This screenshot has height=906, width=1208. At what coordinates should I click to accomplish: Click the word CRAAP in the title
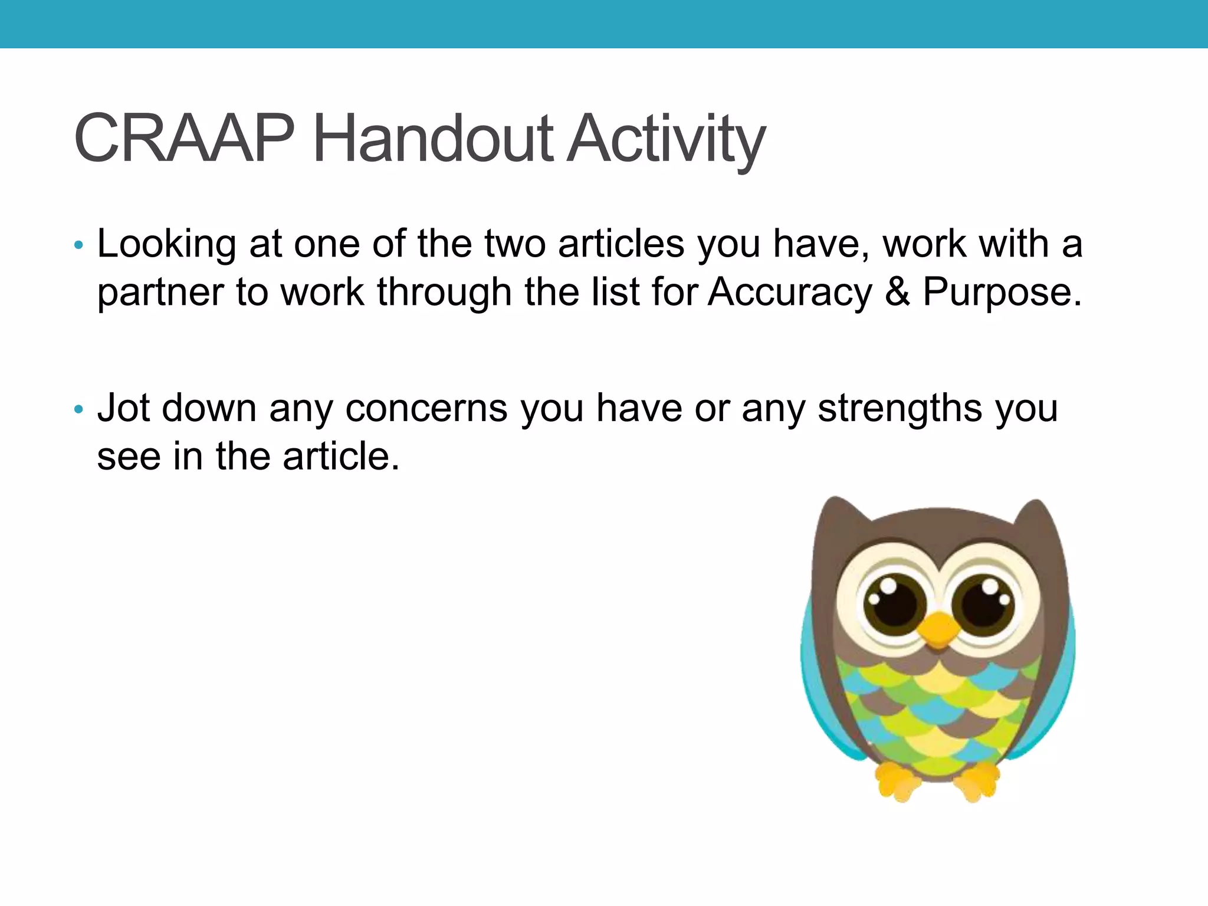(x=183, y=139)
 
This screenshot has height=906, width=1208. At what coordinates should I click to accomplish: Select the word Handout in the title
(x=434, y=139)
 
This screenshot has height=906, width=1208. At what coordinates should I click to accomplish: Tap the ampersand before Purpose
(x=897, y=292)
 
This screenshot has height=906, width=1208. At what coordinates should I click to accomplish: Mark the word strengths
(x=900, y=409)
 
